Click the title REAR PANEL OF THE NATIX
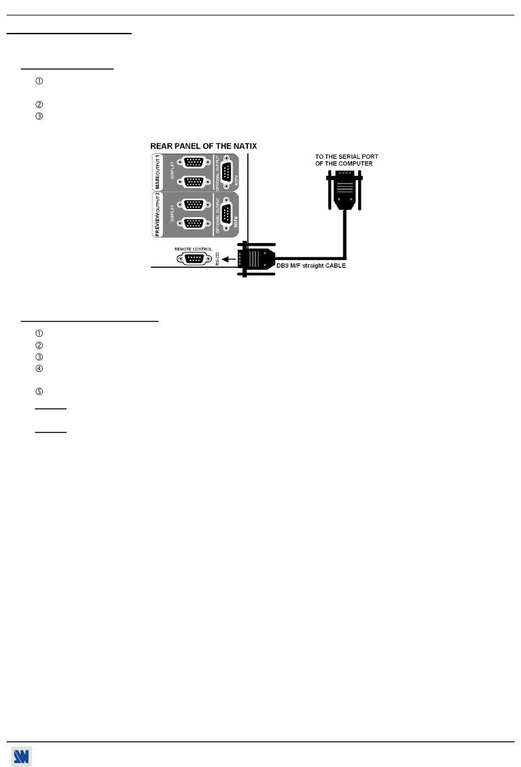(x=203, y=146)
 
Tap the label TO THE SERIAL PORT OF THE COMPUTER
(x=346, y=160)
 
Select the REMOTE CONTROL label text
(x=193, y=249)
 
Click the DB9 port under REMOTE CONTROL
(x=194, y=259)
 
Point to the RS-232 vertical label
(x=218, y=258)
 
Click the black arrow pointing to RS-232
(x=229, y=259)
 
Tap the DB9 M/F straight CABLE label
(x=311, y=266)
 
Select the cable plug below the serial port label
(x=345, y=190)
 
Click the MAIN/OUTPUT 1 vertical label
(x=157, y=172)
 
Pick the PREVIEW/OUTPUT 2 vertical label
(x=157, y=214)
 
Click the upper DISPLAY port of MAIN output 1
(x=194, y=162)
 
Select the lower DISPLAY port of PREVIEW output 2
(x=194, y=224)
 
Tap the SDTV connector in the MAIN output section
(x=226, y=172)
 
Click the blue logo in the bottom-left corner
(x=21, y=757)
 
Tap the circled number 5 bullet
(x=39, y=392)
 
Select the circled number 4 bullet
(x=39, y=369)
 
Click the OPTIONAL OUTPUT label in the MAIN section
(x=218, y=172)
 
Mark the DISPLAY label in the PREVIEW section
(x=172, y=213)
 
